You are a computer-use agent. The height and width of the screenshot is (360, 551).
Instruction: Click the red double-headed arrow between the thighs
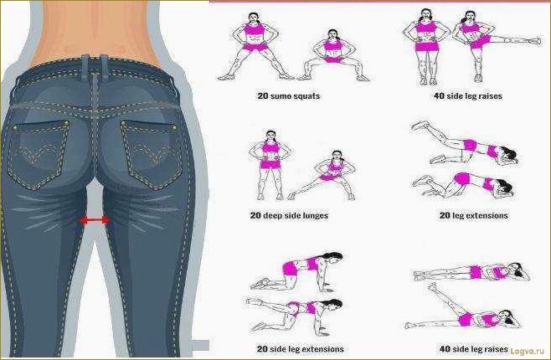tap(95, 220)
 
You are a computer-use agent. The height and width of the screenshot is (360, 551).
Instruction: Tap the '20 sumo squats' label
tap(289, 96)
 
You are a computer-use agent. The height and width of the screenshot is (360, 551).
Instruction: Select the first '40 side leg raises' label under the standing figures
tap(468, 96)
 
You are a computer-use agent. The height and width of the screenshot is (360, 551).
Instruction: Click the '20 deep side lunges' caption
tap(289, 215)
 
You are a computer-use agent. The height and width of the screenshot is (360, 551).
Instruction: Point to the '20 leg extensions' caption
tap(474, 215)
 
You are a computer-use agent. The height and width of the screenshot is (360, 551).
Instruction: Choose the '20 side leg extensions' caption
tap(301, 349)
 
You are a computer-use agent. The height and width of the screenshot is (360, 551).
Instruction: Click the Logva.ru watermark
tap(527, 351)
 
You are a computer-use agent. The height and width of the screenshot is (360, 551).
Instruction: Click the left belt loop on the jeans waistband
tap(85, 64)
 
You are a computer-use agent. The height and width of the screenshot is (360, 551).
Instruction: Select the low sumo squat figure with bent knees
tap(332, 56)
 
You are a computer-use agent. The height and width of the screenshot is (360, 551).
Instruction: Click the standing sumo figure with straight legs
tap(255, 47)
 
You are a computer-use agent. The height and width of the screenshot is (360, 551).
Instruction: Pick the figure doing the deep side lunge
tap(322, 176)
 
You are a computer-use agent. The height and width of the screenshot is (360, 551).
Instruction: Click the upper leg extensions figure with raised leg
tap(465, 143)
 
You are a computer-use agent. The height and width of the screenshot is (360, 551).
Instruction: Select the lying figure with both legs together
tap(471, 272)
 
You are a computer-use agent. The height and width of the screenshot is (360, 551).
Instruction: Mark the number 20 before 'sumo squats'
tap(263, 96)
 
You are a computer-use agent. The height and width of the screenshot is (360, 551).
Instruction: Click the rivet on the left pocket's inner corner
tap(66, 123)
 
